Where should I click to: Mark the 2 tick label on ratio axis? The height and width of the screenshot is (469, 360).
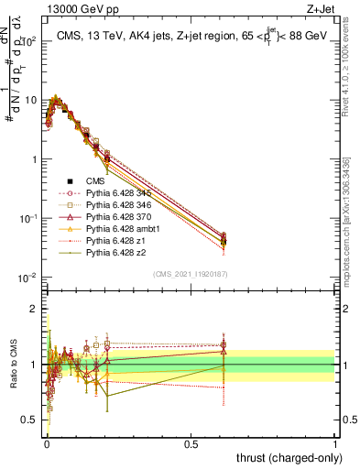[x=33, y=309]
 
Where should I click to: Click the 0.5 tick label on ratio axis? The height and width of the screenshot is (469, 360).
[x=28, y=420]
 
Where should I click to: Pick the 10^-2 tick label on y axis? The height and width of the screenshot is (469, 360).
[x=26, y=278]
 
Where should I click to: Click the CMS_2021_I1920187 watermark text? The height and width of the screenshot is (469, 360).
[x=191, y=274]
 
